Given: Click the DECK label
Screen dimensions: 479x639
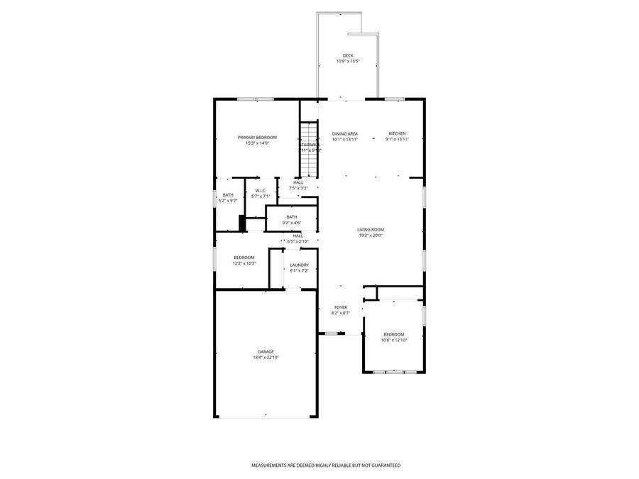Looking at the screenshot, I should (348, 55).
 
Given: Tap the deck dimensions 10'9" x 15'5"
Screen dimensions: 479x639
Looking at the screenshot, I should (348, 62).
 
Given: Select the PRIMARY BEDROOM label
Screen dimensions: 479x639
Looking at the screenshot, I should (257, 137).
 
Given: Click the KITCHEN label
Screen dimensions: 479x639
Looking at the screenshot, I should (396, 133).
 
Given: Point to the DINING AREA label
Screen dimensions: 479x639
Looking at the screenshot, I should (345, 133).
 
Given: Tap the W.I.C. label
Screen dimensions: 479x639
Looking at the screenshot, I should (261, 190).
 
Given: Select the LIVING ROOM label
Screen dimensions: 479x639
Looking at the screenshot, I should (371, 229).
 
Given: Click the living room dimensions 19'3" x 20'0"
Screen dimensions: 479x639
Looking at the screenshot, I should (371, 236).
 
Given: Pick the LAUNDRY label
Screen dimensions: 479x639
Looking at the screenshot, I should (299, 265).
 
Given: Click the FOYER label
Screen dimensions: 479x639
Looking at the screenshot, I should (341, 307).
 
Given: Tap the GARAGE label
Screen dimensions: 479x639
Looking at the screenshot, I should (266, 351).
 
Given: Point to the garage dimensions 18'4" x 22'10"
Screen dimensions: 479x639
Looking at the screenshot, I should (266, 358).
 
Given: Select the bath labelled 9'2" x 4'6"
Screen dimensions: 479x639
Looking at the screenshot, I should (292, 217).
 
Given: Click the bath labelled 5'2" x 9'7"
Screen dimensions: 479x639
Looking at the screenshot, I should (228, 195).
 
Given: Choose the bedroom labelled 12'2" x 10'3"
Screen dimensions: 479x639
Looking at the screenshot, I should (244, 258).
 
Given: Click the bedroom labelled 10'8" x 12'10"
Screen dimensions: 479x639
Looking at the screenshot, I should (394, 334).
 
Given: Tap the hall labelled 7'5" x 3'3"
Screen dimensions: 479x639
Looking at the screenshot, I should (298, 182).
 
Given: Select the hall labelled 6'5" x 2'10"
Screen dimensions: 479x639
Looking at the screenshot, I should (298, 236).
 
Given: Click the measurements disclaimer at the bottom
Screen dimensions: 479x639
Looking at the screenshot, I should (326, 466).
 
